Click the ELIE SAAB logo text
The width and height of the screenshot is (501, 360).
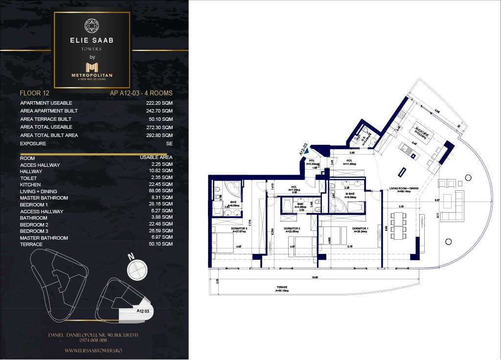[92, 40]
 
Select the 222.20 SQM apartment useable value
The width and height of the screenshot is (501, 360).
[159, 103]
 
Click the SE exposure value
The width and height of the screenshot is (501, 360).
[169, 143]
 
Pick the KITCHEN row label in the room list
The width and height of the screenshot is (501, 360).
[30, 185]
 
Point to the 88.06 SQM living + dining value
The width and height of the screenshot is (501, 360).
[159, 191]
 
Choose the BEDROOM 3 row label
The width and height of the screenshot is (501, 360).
[34, 231]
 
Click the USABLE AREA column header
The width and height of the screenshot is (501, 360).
[156, 158]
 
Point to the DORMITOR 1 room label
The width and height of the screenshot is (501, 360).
[359, 228]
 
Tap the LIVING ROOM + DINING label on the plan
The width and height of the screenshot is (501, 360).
[404, 189]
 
